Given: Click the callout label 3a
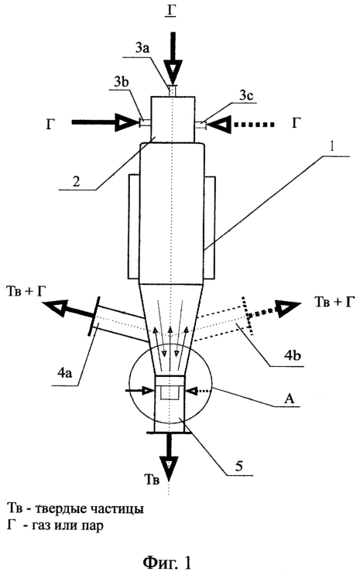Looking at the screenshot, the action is (x=142, y=49).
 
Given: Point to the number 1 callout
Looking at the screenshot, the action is (x=331, y=147).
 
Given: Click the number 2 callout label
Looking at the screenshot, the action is (x=76, y=181).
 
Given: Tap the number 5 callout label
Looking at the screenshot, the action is (x=238, y=466).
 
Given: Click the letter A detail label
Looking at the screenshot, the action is (x=290, y=399).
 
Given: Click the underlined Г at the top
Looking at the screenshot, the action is (x=170, y=12).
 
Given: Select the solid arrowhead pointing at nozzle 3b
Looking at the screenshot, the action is (x=127, y=122).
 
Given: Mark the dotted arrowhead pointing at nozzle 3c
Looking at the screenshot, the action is (x=221, y=125).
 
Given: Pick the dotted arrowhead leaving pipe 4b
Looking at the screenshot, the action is (x=288, y=309).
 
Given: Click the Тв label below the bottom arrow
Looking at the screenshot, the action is (x=152, y=480).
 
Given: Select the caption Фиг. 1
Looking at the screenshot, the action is (x=166, y=562).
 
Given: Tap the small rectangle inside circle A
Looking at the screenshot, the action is (x=170, y=392).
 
